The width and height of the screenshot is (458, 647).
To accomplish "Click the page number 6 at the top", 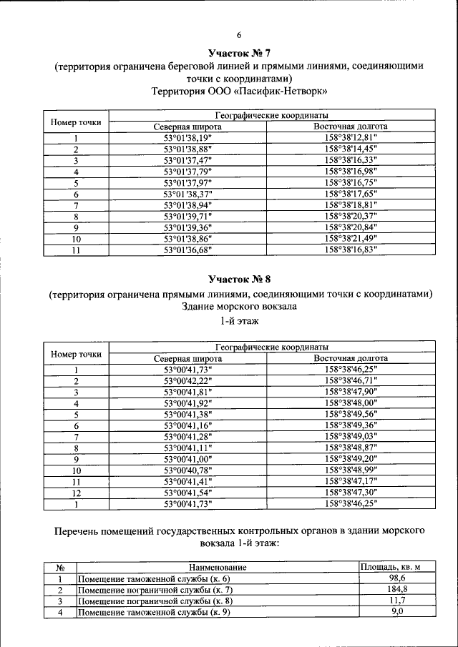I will click(x=240, y=35).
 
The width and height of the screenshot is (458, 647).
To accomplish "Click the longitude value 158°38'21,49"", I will click(x=351, y=238).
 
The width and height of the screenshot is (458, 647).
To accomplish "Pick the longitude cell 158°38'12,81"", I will click(x=351, y=138).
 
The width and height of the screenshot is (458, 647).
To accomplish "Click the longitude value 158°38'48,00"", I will click(x=351, y=403).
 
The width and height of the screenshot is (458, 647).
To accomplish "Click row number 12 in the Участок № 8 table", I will click(x=76, y=493).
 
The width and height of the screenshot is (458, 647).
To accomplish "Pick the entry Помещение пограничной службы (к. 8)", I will click(x=155, y=601).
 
